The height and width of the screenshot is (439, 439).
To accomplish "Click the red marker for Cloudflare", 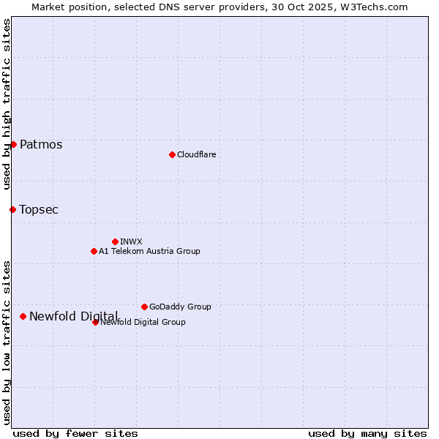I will pos(172,154).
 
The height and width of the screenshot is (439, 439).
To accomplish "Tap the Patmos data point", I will pos(13,144).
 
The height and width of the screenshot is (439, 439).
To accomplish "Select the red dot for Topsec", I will pos(12,209).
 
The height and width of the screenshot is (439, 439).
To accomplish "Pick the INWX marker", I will pos(115,241).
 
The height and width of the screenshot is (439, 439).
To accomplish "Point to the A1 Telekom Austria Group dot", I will pos(94,251).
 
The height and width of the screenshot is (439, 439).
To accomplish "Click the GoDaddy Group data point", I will pos(144,307).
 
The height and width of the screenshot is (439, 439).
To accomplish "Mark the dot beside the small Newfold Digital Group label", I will pos(95,322).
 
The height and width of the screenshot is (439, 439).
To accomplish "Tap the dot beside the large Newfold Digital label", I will pos(23,316).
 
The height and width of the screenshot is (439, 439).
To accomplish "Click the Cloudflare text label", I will pos(196,154).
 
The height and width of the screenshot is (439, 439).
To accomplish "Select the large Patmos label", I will pos(41,144).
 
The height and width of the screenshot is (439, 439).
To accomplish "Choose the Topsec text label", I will pos(39,209).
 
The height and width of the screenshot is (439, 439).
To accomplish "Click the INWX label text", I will pos(131,241).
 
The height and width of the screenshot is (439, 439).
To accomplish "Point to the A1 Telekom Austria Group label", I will pos(149,251).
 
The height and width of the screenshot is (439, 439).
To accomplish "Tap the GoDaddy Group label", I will pos(180,307).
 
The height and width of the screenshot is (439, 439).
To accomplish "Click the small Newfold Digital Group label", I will pos(143,322).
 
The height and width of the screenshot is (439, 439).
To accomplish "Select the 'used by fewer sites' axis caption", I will pos(75,433).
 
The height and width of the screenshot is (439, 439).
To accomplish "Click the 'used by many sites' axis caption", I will pos(367,433).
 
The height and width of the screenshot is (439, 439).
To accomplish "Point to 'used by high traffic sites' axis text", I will pos(7,104).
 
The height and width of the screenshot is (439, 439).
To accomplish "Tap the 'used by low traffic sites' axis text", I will pos(7,342).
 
